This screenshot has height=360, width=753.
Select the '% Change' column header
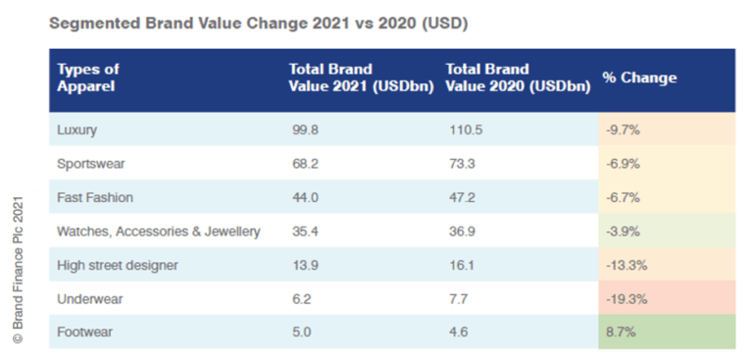pyautogui.click(x=639, y=77)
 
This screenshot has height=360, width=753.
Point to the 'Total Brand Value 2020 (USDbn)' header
pyautogui.click(x=518, y=77)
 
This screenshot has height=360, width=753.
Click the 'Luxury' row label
pyautogui.click(x=78, y=129)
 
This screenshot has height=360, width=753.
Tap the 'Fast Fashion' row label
pyautogui.click(x=95, y=197)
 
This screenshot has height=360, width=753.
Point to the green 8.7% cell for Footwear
pyautogui.click(x=622, y=333)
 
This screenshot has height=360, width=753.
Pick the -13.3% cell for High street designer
pyautogui.click(x=627, y=265)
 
